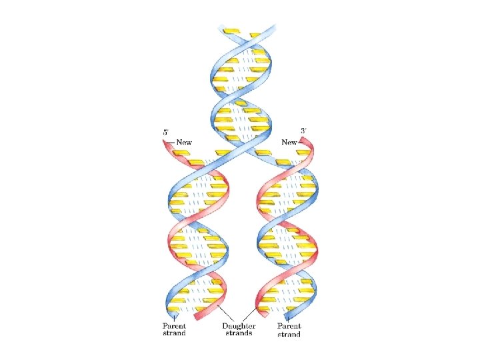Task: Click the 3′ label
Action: click(x=303, y=131)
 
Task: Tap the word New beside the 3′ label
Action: click(x=289, y=142)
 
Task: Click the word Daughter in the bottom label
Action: click(x=237, y=326)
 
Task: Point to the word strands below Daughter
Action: click(x=237, y=333)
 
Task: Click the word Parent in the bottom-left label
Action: click(x=175, y=326)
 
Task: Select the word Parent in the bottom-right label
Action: click(x=289, y=326)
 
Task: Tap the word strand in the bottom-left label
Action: click(x=175, y=333)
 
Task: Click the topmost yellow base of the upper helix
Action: click(x=231, y=31)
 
